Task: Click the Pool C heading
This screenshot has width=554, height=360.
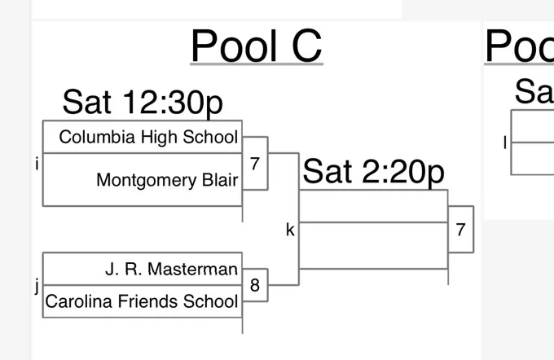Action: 257,46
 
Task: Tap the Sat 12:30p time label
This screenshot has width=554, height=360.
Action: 143,103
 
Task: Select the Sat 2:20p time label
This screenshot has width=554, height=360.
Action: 373,172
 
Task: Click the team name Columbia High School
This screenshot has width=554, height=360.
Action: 148,137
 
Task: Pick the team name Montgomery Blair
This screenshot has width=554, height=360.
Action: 167,180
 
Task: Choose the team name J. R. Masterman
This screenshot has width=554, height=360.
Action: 171,270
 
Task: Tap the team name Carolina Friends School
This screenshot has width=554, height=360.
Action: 142,301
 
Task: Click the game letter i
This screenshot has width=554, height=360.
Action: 37,165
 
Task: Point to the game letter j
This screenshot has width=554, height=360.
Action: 37,285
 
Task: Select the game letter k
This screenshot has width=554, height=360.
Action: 290,230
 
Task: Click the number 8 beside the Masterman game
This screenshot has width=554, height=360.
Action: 255,285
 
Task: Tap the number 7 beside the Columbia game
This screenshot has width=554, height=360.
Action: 255,164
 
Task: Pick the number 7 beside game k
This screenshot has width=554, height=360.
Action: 460,230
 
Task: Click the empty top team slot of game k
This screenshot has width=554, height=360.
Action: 373,206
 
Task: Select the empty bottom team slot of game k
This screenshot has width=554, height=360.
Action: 373,246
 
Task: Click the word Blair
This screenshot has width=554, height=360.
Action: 220,180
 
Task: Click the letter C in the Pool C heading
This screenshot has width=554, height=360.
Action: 307,46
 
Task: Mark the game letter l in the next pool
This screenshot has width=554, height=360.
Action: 505,143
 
